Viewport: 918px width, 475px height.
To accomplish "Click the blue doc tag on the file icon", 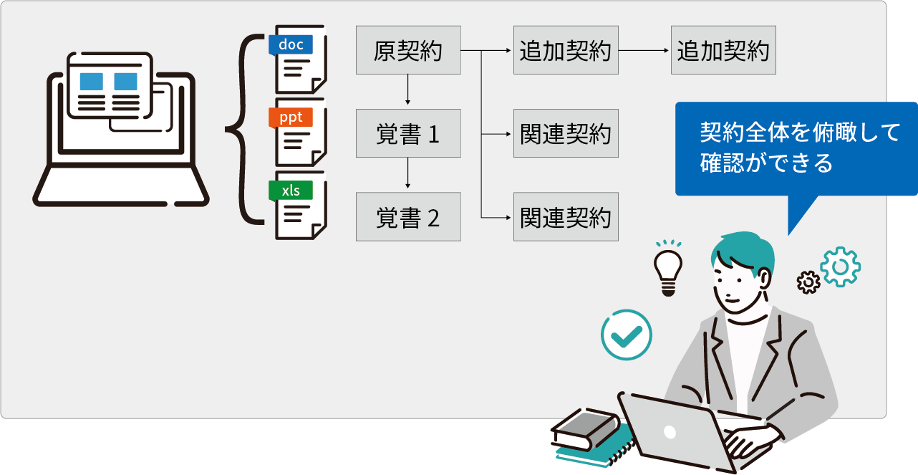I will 291,44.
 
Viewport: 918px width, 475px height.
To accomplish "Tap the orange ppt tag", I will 291,117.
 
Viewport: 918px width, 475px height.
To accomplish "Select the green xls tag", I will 291,191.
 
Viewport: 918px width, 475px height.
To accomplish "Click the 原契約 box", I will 408,51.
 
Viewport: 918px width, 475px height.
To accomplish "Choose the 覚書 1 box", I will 408,134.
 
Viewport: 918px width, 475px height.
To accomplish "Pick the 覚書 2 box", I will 408,217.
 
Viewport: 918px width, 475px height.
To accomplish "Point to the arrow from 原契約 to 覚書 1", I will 408,92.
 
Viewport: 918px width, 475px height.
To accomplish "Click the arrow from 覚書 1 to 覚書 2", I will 408,175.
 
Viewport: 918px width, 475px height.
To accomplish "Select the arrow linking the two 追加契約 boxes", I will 644,51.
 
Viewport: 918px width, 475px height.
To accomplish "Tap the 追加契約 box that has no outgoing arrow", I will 723,51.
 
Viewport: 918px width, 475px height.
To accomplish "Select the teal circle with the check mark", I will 627,334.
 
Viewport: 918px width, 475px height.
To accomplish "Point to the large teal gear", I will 841,267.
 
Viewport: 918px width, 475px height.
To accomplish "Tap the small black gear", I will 808,282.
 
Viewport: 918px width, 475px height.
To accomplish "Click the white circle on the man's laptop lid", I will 670,432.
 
